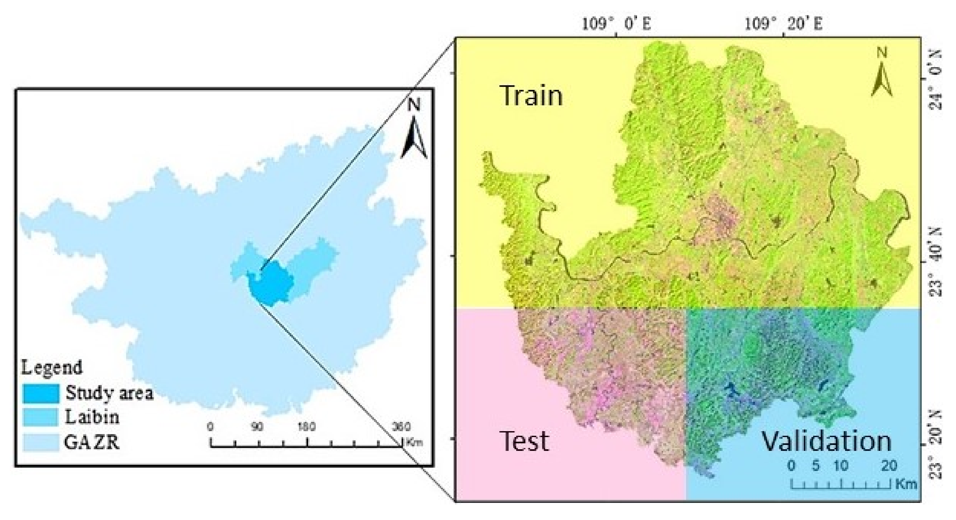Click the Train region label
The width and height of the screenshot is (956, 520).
(531, 95)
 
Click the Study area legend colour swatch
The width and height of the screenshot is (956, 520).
(41, 394)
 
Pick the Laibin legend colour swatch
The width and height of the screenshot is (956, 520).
(41, 417)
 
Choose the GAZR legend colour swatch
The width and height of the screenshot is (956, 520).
(41, 442)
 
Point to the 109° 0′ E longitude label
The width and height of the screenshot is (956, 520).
(616, 24)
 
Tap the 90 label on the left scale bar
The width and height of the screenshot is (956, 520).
(257, 427)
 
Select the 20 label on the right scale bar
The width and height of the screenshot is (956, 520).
(889, 465)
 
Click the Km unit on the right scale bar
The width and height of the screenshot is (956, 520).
(906, 484)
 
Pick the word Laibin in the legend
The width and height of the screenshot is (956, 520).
(92, 417)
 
